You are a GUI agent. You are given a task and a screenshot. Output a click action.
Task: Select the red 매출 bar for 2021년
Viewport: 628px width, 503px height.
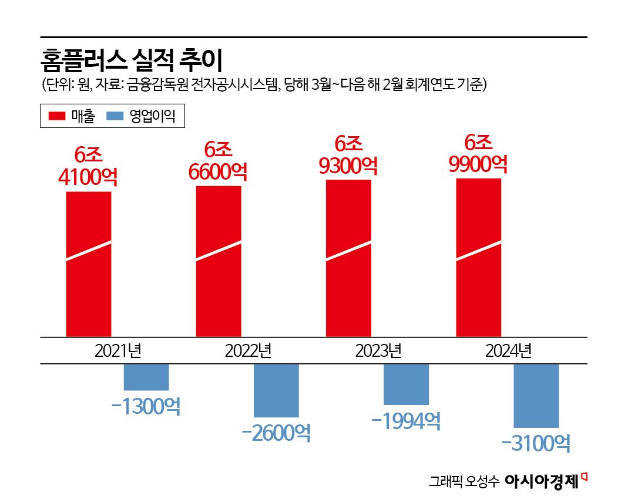point(89,264)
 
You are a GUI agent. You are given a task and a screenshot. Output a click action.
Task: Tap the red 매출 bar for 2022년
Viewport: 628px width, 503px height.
point(219,261)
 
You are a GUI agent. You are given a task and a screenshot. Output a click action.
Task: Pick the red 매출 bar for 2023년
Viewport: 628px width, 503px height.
point(348,258)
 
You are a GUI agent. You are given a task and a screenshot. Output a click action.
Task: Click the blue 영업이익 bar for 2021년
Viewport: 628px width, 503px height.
point(146,377)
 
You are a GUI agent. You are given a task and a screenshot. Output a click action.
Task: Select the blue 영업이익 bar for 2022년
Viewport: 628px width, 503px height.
point(276,390)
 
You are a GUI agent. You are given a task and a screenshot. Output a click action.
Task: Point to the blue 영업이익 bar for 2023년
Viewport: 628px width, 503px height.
point(406,384)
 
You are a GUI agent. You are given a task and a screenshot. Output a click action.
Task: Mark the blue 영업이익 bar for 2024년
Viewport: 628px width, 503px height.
point(536,396)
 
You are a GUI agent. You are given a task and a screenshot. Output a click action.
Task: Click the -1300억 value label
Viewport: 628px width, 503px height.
point(146,406)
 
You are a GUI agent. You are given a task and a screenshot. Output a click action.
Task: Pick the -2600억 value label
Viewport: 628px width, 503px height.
point(276,433)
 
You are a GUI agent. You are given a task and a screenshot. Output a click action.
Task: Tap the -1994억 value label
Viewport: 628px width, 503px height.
point(406,420)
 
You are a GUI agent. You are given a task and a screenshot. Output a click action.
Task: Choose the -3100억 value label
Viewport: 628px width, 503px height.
point(536,444)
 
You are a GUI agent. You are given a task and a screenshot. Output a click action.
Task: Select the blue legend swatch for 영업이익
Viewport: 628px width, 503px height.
point(115,116)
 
